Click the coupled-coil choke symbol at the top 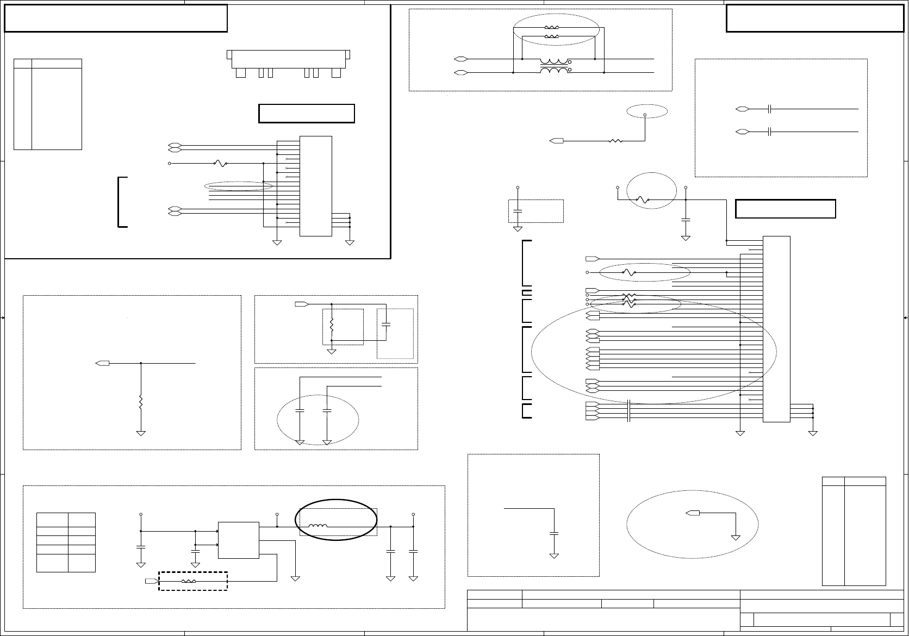(x=555, y=65)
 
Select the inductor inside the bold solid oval (x=318, y=526)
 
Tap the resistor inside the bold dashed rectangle (x=188, y=581)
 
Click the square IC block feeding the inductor (x=238, y=540)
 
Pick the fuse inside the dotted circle (x=643, y=200)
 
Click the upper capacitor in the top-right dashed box (x=770, y=109)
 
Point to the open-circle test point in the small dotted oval (x=645, y=115)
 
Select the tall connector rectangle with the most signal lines (x=776, y=329)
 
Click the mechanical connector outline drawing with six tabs (x=288, y=63)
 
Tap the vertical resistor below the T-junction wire (x=141, y=402)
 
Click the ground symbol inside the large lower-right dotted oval (x=736, y=537)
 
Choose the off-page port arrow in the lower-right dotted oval (x=693, y=513)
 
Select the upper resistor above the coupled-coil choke (x=551, y=27)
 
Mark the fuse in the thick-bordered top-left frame (x=220, y=163)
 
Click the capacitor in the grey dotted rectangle (x=386, y=324)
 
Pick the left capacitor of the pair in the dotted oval (x=300, y=411)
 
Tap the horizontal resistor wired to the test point (x=615, y=141)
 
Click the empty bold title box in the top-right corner (x=814, y=18)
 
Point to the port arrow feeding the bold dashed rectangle (x=151, y=581)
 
